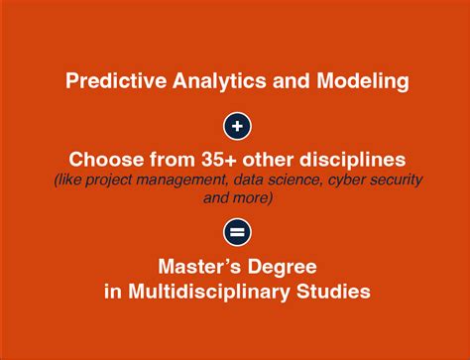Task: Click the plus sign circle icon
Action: (236, 126)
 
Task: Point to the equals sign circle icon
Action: (236, 232)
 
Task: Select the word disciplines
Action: (350, 160)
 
